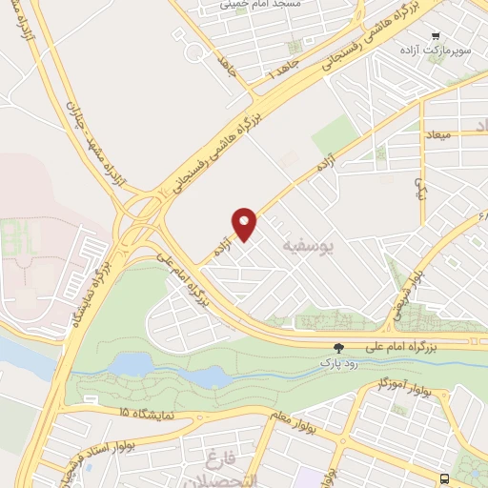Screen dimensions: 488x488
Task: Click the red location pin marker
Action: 245,223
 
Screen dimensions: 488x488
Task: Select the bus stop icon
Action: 446,478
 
